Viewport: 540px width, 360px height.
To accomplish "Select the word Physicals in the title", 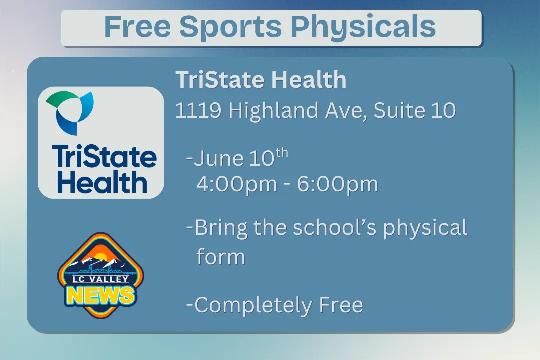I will [363, 28].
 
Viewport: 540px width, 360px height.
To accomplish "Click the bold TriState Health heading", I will [261, 80].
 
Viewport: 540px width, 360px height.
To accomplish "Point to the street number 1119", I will [198, 110].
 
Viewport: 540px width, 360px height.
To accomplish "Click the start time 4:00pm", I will [236, 184].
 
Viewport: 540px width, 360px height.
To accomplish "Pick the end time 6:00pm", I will [338, 184].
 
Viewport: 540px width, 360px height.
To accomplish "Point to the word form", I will [220, 257].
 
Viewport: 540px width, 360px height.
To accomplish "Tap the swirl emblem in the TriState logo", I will [69, 113].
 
